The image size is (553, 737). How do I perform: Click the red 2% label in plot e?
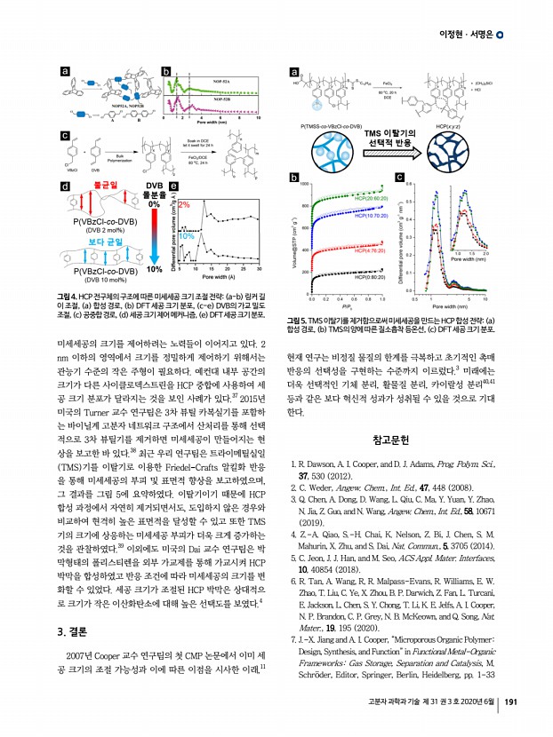[x=185, y=205]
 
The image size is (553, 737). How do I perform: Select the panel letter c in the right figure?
[x=400, y=178]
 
